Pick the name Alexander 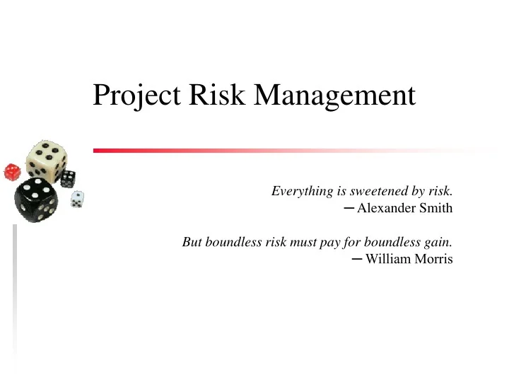click(x=387, y=208)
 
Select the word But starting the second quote click(x=192, y=242)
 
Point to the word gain click(x=438, y=243)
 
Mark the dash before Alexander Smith click(x=349, y=208)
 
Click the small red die click(x=12, y=171)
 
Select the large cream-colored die click(x=46, y=159)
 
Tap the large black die click(x=35, y=199)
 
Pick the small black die click(x=69, y=178)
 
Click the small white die click(x=77, y=199)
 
